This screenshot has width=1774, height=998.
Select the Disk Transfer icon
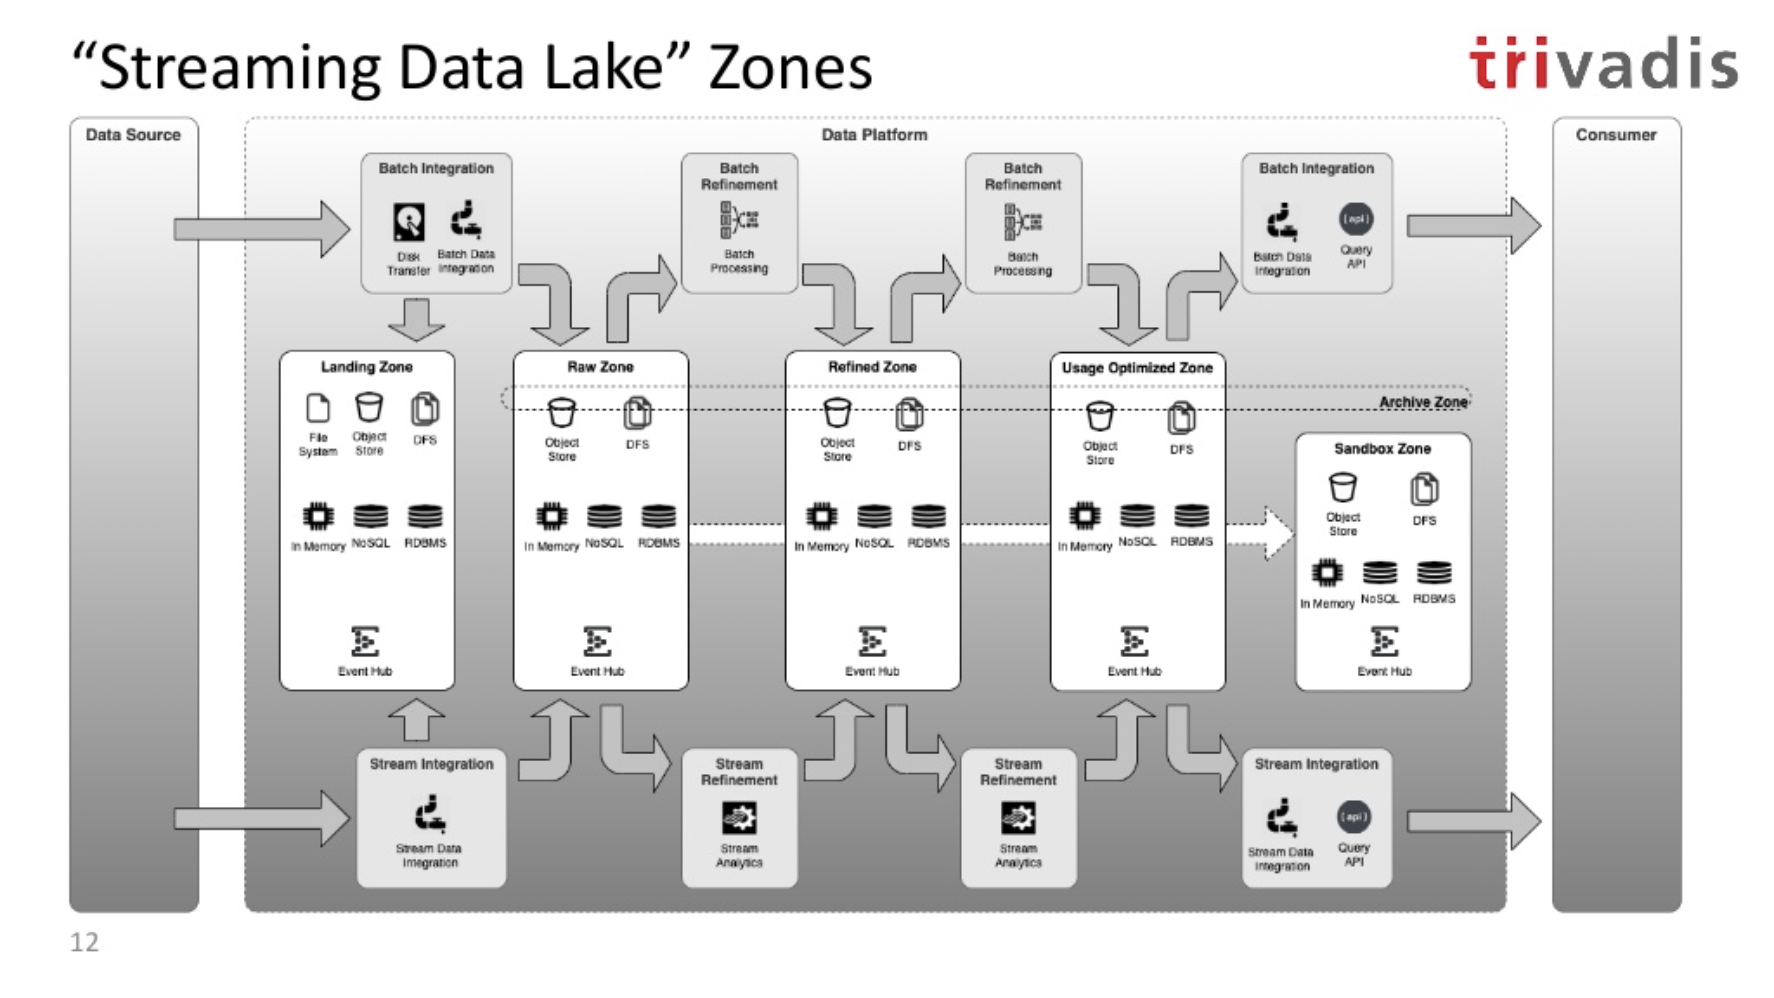tap(409, 222)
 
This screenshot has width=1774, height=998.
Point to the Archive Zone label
tap(1423, 402)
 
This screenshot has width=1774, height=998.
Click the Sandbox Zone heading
tap(1382, 448)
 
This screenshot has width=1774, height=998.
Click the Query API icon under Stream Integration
tap(1353, 817)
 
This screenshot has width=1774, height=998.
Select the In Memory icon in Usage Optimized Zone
tap(1084, 516)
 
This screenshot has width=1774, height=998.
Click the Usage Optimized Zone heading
tap(1137, 368)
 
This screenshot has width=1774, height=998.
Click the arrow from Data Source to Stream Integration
tap(262, 818)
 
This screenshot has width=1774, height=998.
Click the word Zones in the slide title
tap(790, 68)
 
